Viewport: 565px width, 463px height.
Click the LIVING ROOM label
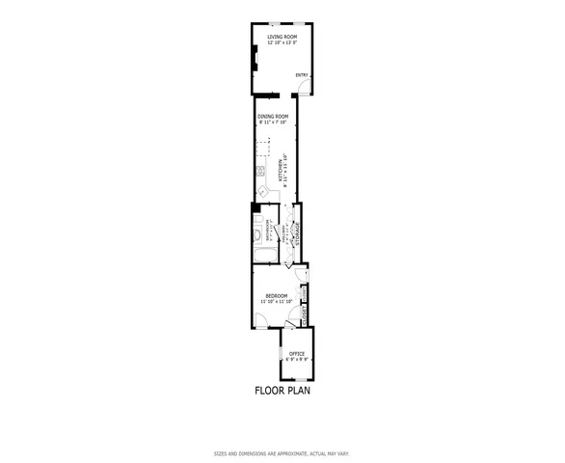282,37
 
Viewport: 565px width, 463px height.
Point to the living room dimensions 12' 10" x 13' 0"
282,42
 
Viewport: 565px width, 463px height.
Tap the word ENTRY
301,75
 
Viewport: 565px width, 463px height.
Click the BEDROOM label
277,296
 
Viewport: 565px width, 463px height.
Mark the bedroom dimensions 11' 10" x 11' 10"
277,302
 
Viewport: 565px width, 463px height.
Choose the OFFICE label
296,354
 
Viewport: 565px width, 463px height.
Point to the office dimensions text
296,360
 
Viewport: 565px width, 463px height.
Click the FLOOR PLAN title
282,392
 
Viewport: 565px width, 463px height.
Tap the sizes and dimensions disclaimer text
282,453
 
